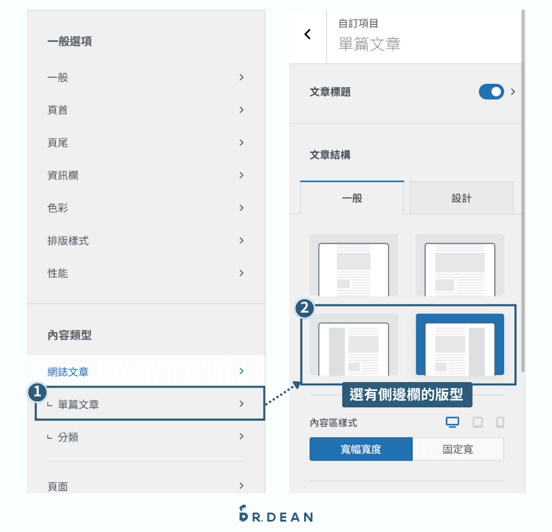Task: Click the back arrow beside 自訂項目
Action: pyautogui.click(x=307, y=34)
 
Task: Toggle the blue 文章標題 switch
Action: pyautogui.click(x=491, y=92)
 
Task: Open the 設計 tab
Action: pyautogui.click(x=461, y=198)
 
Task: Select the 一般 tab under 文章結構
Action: pyautogui.click(x=352, y=197)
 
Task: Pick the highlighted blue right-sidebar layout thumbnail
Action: pyautogui.click(x=460, y=345)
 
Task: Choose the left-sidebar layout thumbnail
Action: pyautogui.click(x=353, y=345)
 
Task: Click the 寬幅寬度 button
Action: pyautogui.click(x=361, y=449)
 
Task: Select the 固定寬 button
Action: pyautogui.click(x=458, y=449)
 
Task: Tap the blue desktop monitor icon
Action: pyautogui.click(x=453, y=422)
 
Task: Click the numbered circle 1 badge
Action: pyautogui.click(x=38, y=392)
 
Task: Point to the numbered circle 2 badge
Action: pyautogui.click(x=305, y=308)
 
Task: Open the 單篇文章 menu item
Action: pyautogui.click(x=78, y=404)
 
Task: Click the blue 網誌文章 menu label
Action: pyautogui.click(x=68, y=372)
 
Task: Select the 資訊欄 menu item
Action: pyautogui.click(x=63, y=175)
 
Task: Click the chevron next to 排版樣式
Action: pyautogui.click(x=242, y=240)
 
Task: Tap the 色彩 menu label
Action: pyautogui.click(x=58, y=208)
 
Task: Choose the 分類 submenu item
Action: pyautogui.click(x=68, y=437)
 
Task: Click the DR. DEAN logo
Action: pyautogui.click(x=276, y=514)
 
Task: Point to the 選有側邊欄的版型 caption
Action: pyautogui.click(x=407, y=395)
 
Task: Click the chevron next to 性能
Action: pyautogui.click(x=242, y=273)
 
